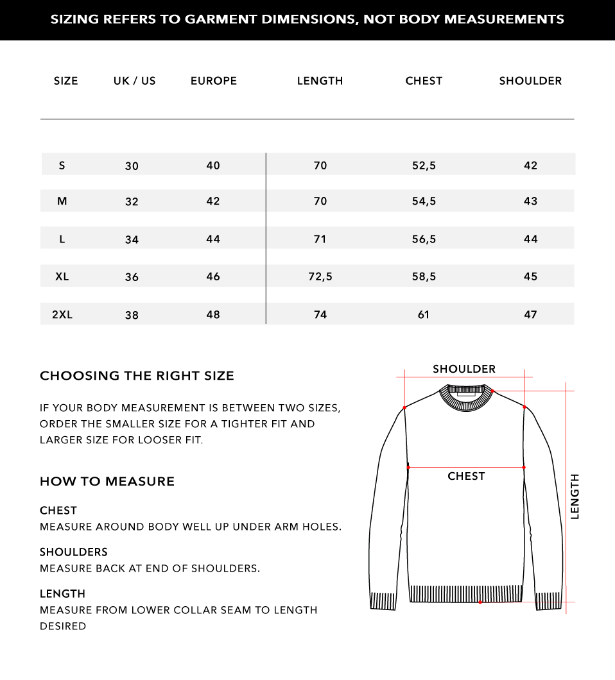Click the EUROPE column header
[214, 81]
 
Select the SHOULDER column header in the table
[530, 81]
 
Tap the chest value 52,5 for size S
[424, 166]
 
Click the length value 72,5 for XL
[320, 276]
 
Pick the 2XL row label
[62, 314]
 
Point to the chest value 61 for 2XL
[424, 314]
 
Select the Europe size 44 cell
[213, 239]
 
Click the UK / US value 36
[132, 277]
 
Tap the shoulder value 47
[530, 314]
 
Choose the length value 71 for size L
[320, 239]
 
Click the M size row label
[62, 201]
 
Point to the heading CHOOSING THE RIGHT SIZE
[137, 376]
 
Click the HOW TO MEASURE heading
[107, 482]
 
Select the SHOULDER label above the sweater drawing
[464, 369]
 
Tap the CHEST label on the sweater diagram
[466, 476]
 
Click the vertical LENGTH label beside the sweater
[575, 496]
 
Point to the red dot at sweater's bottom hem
[480, 602]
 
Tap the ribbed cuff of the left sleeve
[383, 601]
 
